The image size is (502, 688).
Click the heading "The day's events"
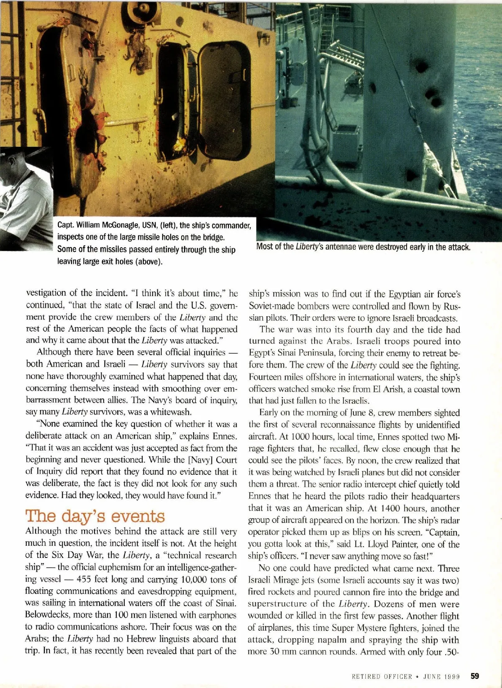(95, 516)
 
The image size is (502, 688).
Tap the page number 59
(475, 676)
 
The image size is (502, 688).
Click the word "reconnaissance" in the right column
(336, 425)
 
